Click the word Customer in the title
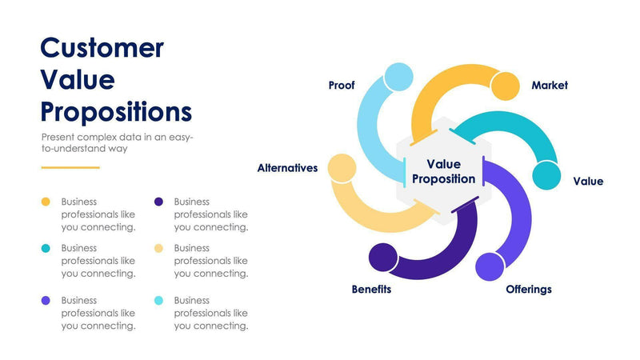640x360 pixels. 102,48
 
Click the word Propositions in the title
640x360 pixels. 116,110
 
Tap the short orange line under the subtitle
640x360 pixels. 70,167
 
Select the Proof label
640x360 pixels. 342,85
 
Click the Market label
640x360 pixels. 550,85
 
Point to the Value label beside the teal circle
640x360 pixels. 588,182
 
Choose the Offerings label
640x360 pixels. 528,289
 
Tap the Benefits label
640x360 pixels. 371,289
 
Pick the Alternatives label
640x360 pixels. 287,168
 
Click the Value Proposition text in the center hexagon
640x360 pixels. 443,171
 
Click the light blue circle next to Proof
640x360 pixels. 398,78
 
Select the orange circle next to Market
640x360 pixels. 506,86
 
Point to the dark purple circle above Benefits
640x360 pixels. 382,258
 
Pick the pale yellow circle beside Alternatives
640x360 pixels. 342,167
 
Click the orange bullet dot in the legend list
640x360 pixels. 46,202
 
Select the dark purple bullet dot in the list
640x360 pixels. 158,202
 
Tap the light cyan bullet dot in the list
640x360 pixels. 158,301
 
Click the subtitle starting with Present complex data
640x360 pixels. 117,142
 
